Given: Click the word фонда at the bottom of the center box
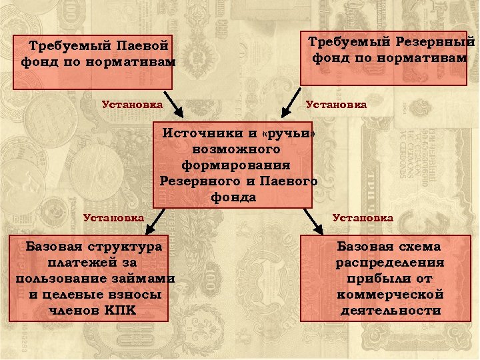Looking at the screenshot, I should tap(234, 197).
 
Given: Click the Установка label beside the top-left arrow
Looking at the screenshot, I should tap(132, 104).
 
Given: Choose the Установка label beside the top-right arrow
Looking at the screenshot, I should tap(335, 104).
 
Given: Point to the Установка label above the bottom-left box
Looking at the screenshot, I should tap(113, 217).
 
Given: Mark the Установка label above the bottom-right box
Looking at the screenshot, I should tap(363, 217).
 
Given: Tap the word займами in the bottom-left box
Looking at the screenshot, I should tap(145, 279).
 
